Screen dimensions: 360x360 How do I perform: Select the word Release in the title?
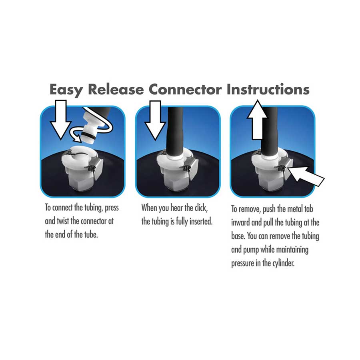pyautogui.click(x=116, y=89)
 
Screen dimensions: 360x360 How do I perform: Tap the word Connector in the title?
pyautogui.click(x=184, y=89)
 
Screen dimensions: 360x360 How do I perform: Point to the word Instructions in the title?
pyautogui.click(x=268, y=89)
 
